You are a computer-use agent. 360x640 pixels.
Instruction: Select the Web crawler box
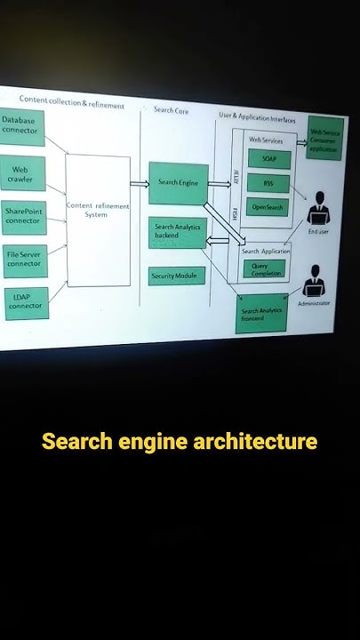coord(22,173)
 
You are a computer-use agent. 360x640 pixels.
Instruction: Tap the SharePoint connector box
coord(24,216)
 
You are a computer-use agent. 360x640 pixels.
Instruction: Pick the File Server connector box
coord(24,259)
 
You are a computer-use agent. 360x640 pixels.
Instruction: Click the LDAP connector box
coord(25,301)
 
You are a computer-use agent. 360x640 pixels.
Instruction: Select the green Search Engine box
coord(178,183)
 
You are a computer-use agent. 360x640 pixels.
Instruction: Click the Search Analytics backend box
coord(177,231)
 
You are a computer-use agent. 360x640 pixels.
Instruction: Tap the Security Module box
coord(176,276)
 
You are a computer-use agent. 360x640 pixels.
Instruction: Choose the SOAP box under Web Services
coord(269,159)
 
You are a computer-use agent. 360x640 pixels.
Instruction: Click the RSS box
coord(269,184)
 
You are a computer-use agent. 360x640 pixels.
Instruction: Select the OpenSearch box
coord(268,207)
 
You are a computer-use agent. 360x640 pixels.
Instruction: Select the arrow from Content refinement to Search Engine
coord(139,184)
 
